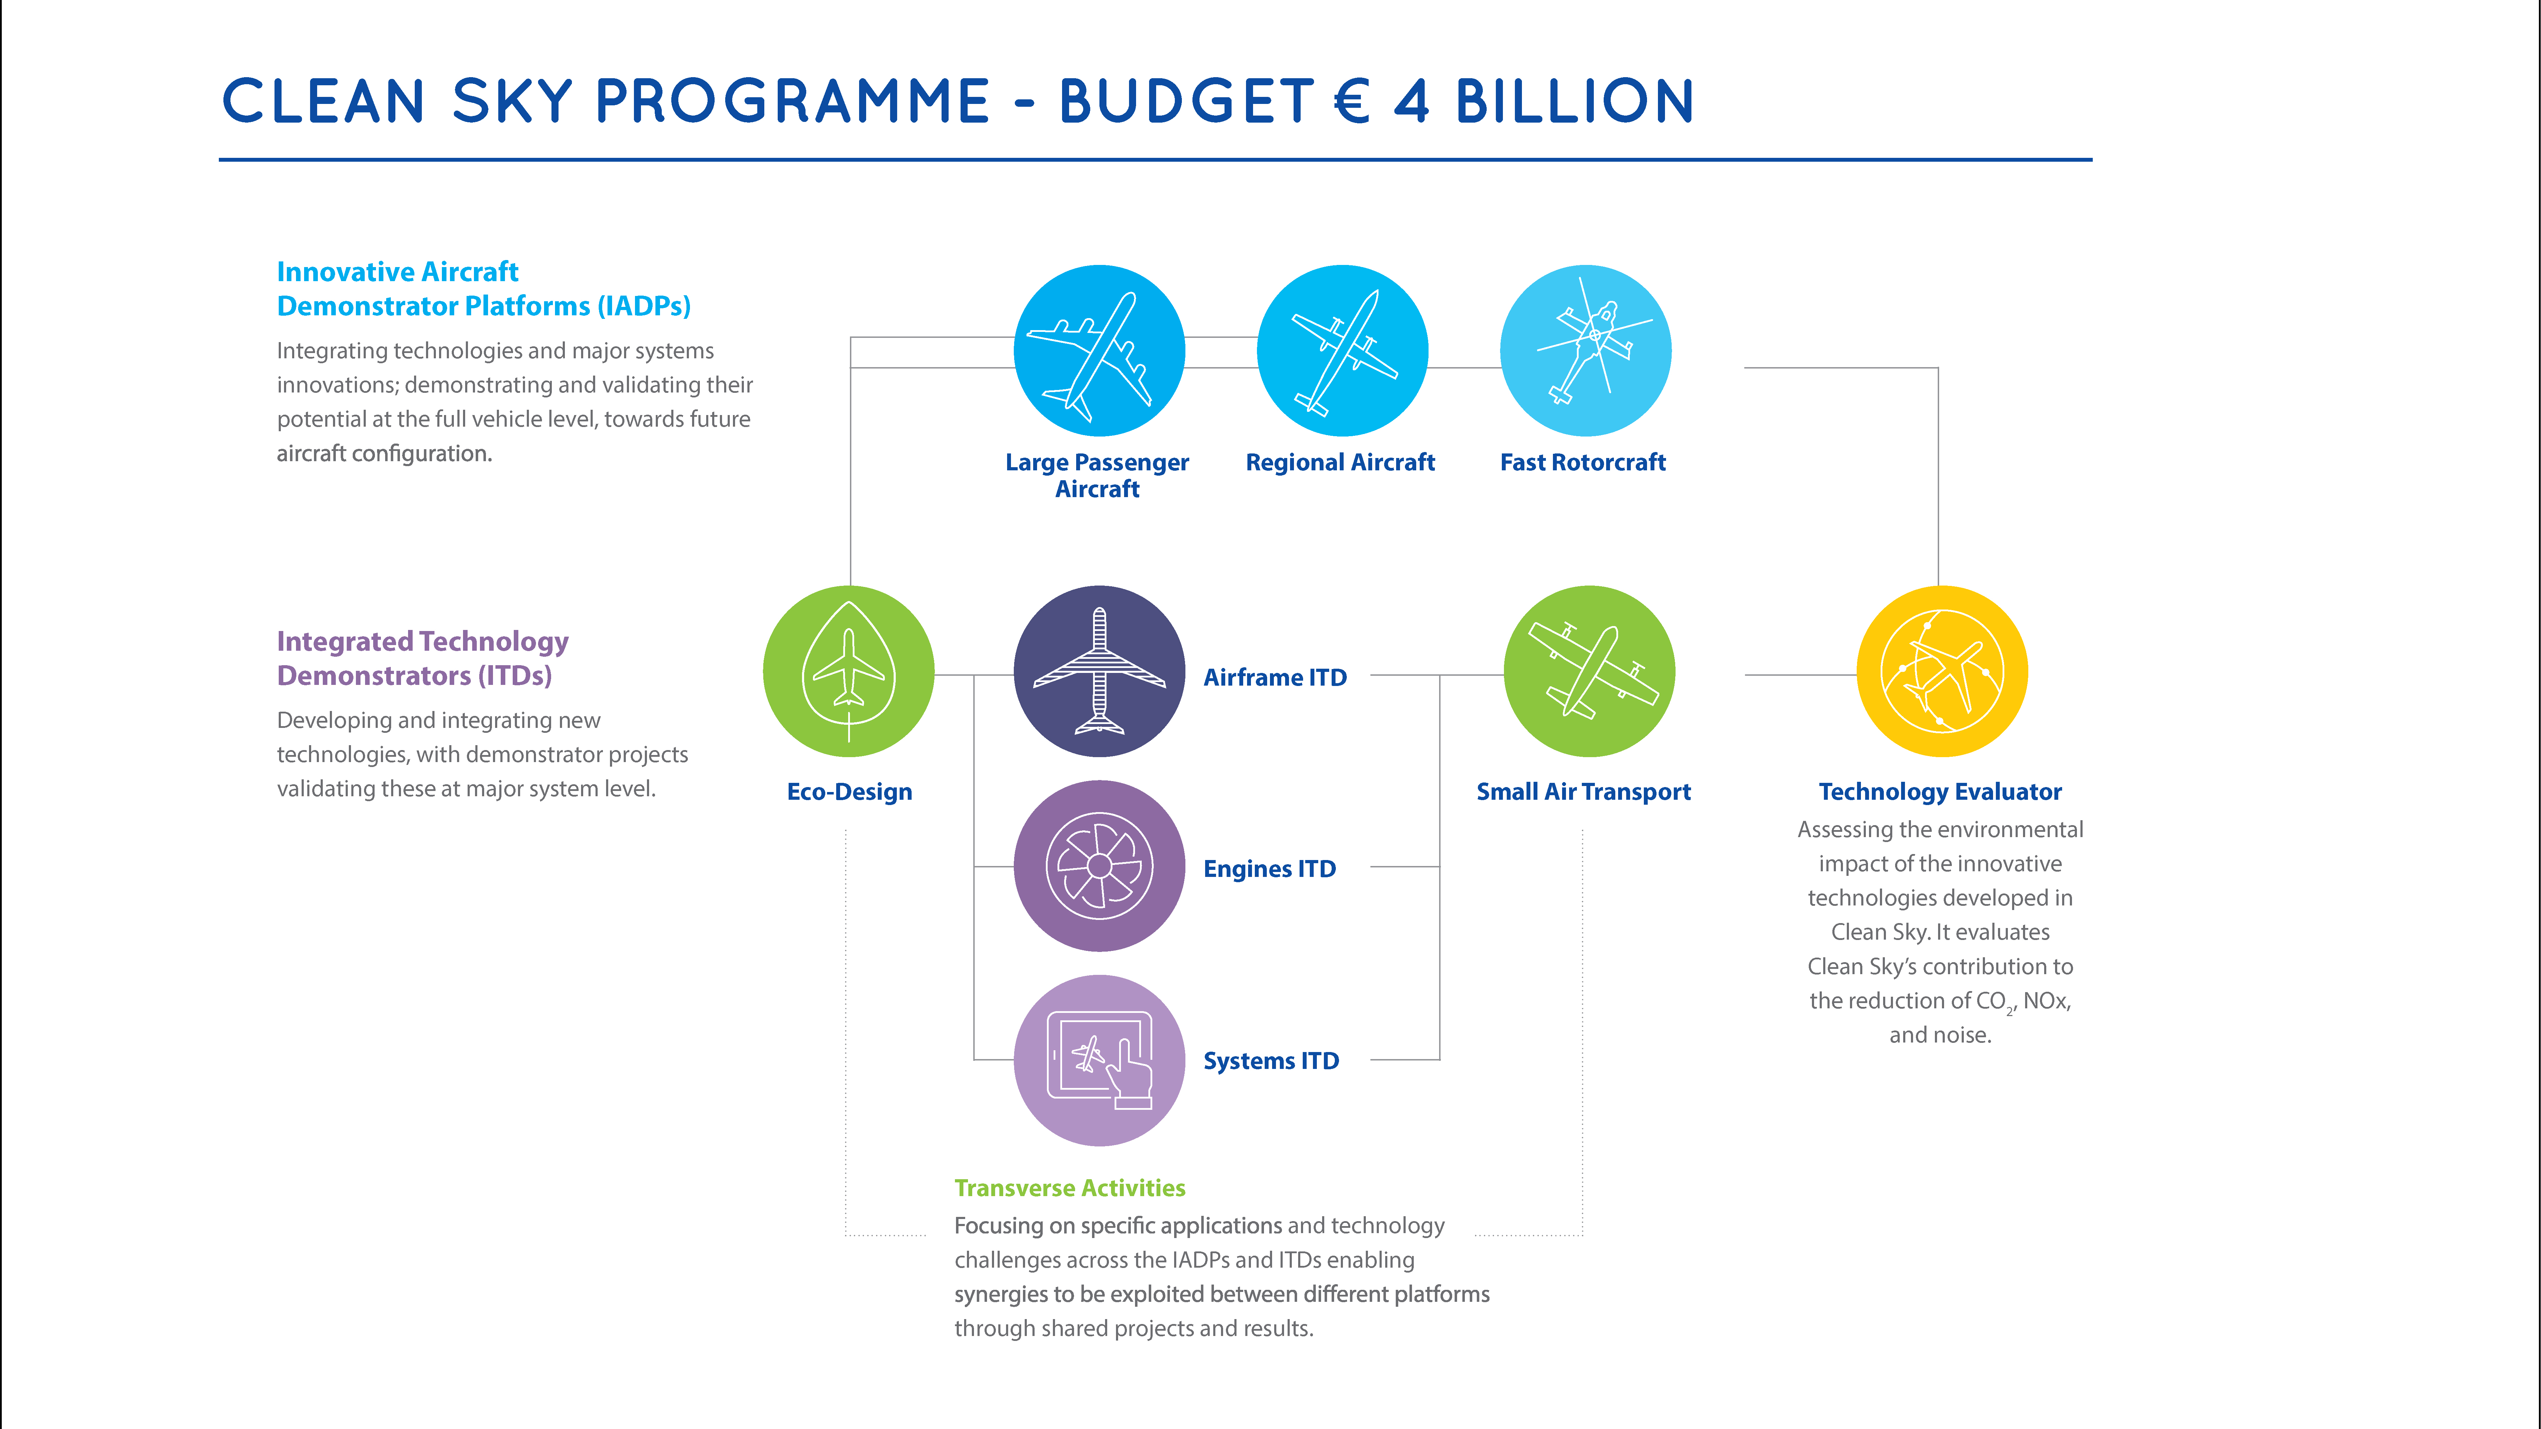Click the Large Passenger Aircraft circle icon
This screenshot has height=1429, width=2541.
pyautogui.click(x=1099, y=350)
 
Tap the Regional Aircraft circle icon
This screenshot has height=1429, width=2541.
pyautogui.click(x=1343, y=350)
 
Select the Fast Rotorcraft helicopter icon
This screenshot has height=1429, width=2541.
pyautogui.click(x=1585, y=350)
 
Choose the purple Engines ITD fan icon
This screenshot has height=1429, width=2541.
pyautogui.click(x=1099, y=866)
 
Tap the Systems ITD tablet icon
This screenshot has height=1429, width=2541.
pyautogui.click(x=1099, y=1060)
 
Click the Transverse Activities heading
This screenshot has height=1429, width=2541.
pyautogui.click(x=1069, y=1188)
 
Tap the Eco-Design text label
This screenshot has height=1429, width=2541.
pyautogui.click(x=849, y=792)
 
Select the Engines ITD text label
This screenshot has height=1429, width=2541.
pyautogui.click(x=1270, y=869)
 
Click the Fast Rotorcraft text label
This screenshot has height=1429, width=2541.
pyautogui.click(x=1582, y=463)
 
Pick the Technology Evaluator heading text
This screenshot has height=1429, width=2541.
pyautogui.click(x=1940, y=792)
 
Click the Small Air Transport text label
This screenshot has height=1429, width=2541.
pyautogui.click(x=1583, y=792)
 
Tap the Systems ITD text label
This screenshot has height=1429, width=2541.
pyautogui.click(x=1271, y=1061)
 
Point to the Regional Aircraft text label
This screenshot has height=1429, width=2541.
pyautogui.click(x=1339, y=463)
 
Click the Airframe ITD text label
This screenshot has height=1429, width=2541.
pyautogui.click(x=1275, y=678)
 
